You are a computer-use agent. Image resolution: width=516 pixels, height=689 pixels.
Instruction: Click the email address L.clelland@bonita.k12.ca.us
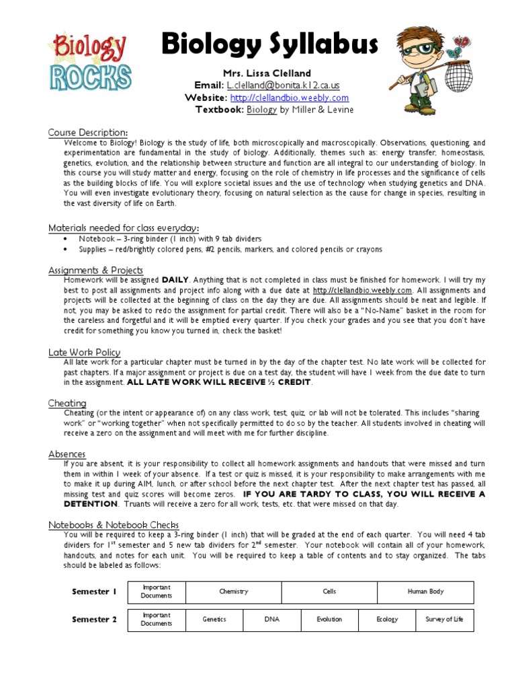[283, 85]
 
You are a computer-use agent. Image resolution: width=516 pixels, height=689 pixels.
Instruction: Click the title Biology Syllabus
[269, 46]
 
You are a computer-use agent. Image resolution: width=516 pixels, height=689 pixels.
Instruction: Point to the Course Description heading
[88, 133]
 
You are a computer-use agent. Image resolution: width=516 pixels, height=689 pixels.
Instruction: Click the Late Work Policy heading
[84, 352]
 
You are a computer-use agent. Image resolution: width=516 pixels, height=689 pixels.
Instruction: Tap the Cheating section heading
[67, 403]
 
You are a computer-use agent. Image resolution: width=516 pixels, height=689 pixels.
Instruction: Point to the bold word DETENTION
[91, 503]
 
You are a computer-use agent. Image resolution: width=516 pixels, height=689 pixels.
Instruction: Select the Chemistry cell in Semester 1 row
[233, 591]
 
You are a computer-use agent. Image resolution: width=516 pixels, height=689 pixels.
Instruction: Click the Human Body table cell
[425, 591]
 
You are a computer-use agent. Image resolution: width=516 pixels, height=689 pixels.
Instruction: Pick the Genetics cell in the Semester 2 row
[214, 619]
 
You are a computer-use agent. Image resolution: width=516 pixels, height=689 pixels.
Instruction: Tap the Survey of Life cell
[444, 619]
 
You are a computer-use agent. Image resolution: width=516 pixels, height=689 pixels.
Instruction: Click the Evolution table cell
[329, 619]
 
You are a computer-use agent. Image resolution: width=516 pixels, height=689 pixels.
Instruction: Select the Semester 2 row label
[94, 619]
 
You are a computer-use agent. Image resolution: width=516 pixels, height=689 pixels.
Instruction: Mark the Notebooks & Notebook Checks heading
[113, 525]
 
